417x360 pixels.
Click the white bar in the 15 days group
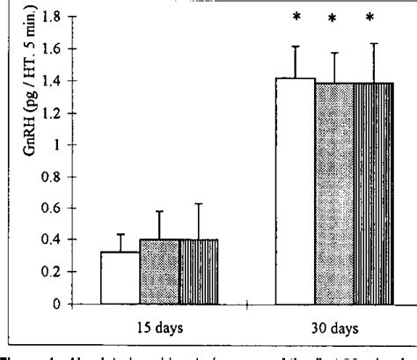121,277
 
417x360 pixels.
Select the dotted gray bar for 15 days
159,271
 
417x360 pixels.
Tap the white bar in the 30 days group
295,190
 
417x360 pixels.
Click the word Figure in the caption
21,353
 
